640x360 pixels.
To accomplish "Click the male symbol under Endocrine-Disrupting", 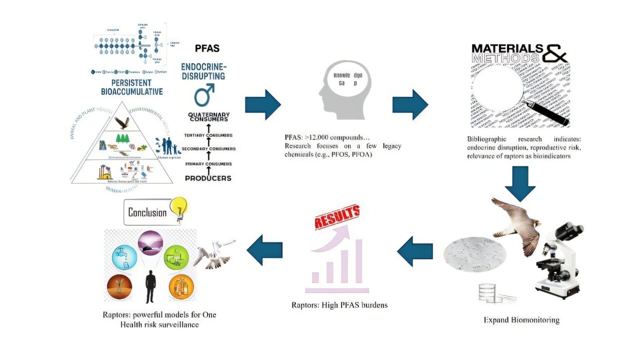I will tap(204, 94).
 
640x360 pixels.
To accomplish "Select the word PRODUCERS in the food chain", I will tap(208, 178).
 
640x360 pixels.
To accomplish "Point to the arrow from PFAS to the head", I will tap(262, 105).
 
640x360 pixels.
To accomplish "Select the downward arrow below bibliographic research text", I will tap(520, 182).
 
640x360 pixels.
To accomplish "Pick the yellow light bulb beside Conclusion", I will tap(178, 207).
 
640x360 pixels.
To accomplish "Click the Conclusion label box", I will tap(147, 212).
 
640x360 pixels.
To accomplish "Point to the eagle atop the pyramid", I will tap(121, 122).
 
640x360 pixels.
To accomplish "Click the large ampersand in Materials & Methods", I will tap(555, 52).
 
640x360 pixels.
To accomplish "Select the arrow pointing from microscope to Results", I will tap(414, 248).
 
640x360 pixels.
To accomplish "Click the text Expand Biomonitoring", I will tap(521, 319).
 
